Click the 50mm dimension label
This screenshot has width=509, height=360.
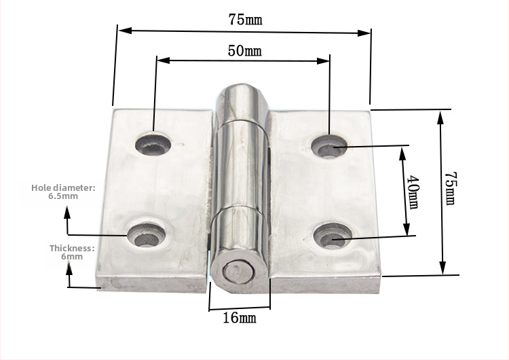coord(244,51)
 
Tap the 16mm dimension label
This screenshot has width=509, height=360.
coord(240,317)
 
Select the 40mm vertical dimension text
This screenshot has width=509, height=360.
coord(413,192)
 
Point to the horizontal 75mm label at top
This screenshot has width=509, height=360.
coord(245,19)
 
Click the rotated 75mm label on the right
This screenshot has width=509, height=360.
coord(451,188)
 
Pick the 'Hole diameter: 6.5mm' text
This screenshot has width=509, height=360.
coord(63,192)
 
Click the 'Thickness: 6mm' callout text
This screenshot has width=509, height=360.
coord(72,252)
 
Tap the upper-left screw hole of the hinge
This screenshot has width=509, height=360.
coord(153,145)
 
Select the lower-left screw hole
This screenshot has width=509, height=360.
coord(147,236)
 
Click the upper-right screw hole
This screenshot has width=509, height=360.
coord(329,147)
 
